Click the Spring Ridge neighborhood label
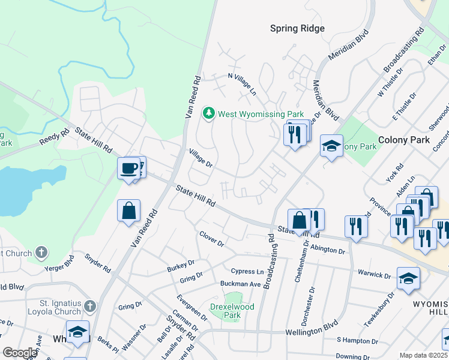point(297,28)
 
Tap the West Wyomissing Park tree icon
point(209,113)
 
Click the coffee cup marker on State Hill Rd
point(128,169)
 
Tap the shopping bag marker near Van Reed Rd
point(129,211)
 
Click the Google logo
point(20,353)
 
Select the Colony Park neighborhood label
point(404,139)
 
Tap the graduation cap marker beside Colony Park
point(331,146)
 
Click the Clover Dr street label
point(211,239)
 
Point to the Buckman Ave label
point(240,283)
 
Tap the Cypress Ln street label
point(251,271)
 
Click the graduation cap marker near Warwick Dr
point(408,278)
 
